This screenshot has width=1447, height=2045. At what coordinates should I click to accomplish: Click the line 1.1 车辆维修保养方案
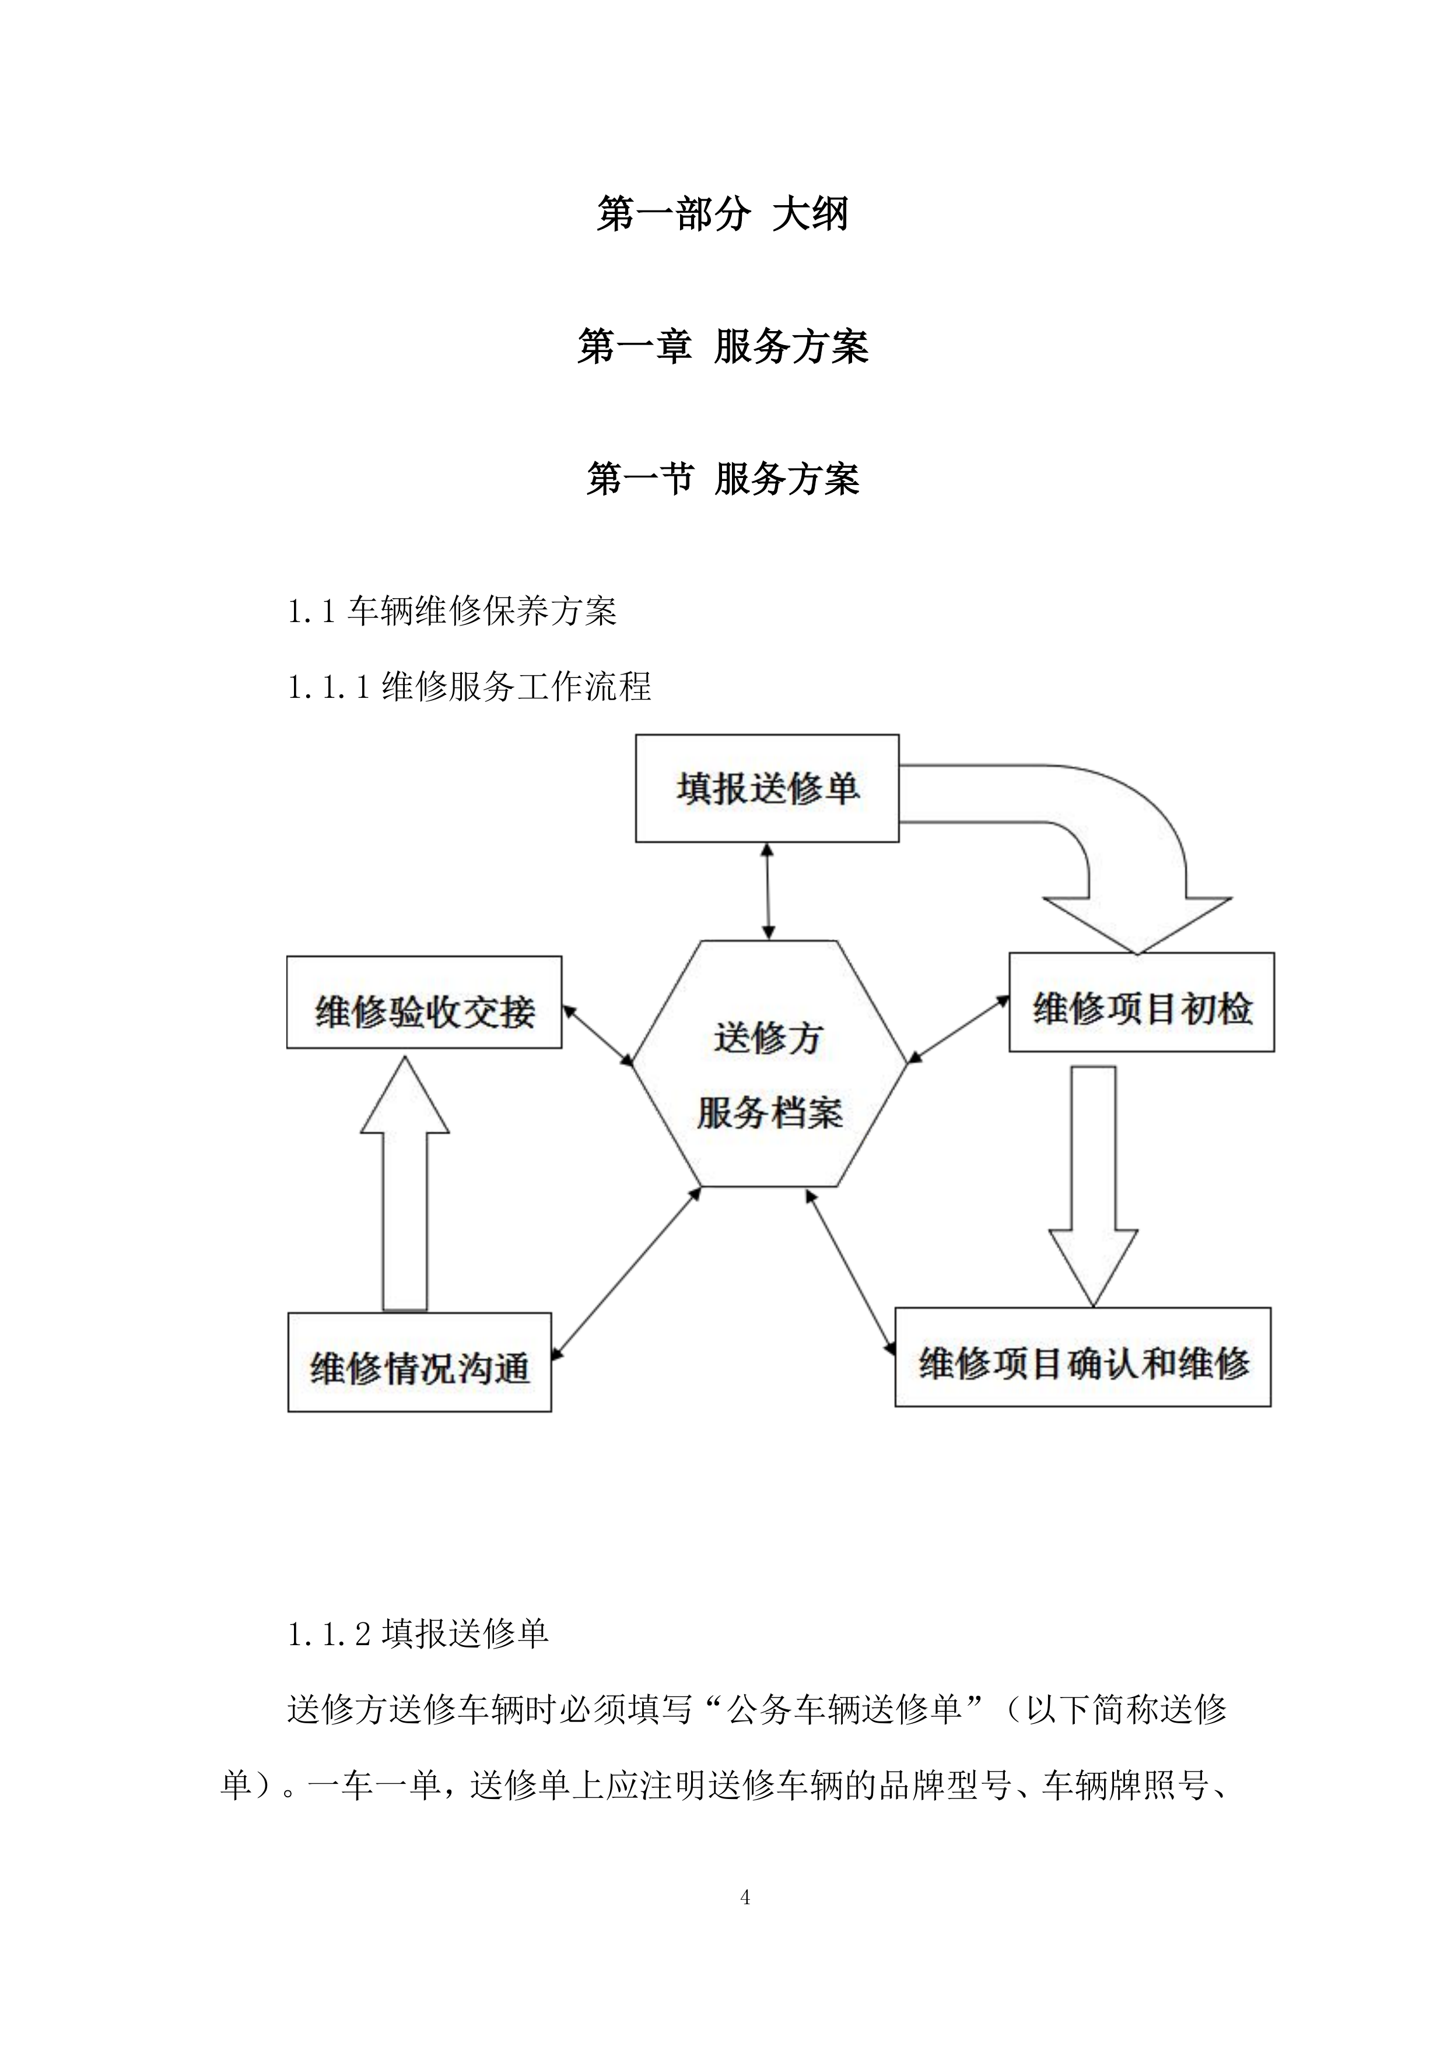(452, 611)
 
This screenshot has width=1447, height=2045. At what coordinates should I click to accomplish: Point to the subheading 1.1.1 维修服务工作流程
(470, 687)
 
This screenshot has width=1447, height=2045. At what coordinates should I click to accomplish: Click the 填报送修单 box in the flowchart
(766, 788)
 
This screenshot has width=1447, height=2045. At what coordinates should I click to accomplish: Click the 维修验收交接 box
(423, 1003)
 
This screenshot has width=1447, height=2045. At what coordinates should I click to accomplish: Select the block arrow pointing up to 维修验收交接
(405, 1185)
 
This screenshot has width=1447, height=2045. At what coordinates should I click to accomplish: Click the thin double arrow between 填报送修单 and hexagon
(767, 891)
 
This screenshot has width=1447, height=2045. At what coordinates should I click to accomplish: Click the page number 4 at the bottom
(745, 1898)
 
